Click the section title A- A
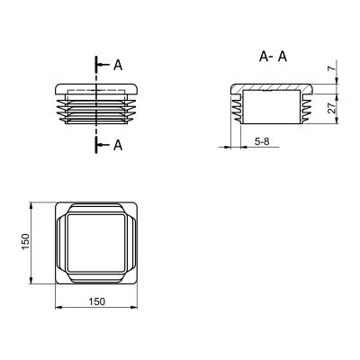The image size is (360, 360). [273, 57]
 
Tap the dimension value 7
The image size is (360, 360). [330, 68]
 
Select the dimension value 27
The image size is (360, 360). [331, 108]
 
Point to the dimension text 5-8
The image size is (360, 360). [262, 141]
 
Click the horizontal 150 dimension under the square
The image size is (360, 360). [96, 301]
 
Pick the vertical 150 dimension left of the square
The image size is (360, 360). [26, 241]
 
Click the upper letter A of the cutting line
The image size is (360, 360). [118, 65]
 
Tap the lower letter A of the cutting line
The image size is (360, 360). [118, 145]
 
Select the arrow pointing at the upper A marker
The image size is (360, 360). [103, 65]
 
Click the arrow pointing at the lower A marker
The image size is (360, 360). [103, 145]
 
